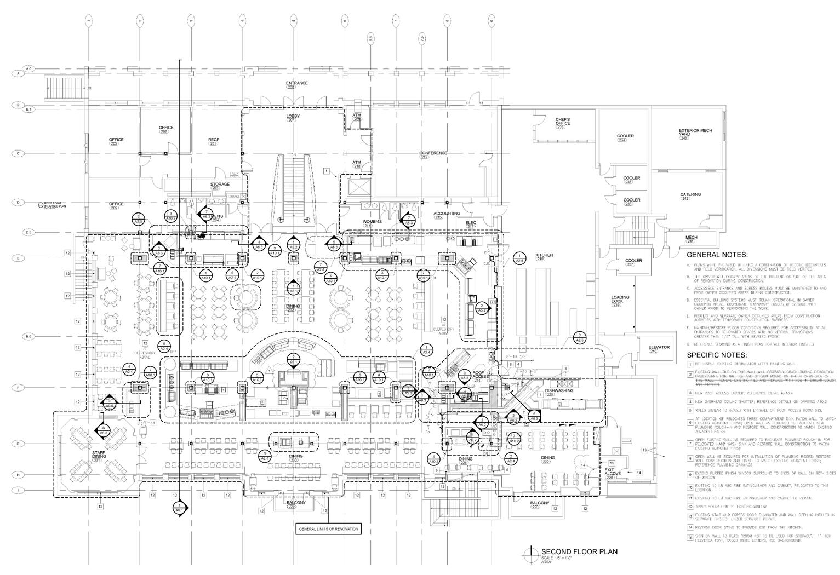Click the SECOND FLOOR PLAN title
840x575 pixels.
(x=579, y=551)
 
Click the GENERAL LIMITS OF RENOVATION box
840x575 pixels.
(x=328, y=529)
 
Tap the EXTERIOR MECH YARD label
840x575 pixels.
(x=695, y=132)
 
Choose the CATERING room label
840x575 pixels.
(x=690, y=195)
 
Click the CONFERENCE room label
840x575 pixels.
(x=433, y=153)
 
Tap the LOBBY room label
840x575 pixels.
(x=293, y=117)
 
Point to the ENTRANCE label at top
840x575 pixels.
(x=297, y=83)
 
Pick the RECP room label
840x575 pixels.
(x=214, y=140)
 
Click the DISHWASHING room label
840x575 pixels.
(x=559, y=391)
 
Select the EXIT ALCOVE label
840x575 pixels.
(x=613, y=472)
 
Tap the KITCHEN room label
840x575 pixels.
(x=544, y=255)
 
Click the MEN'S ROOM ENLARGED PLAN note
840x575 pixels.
(x=58, y=205)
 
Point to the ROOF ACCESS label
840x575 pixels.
(x=481, y=375)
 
